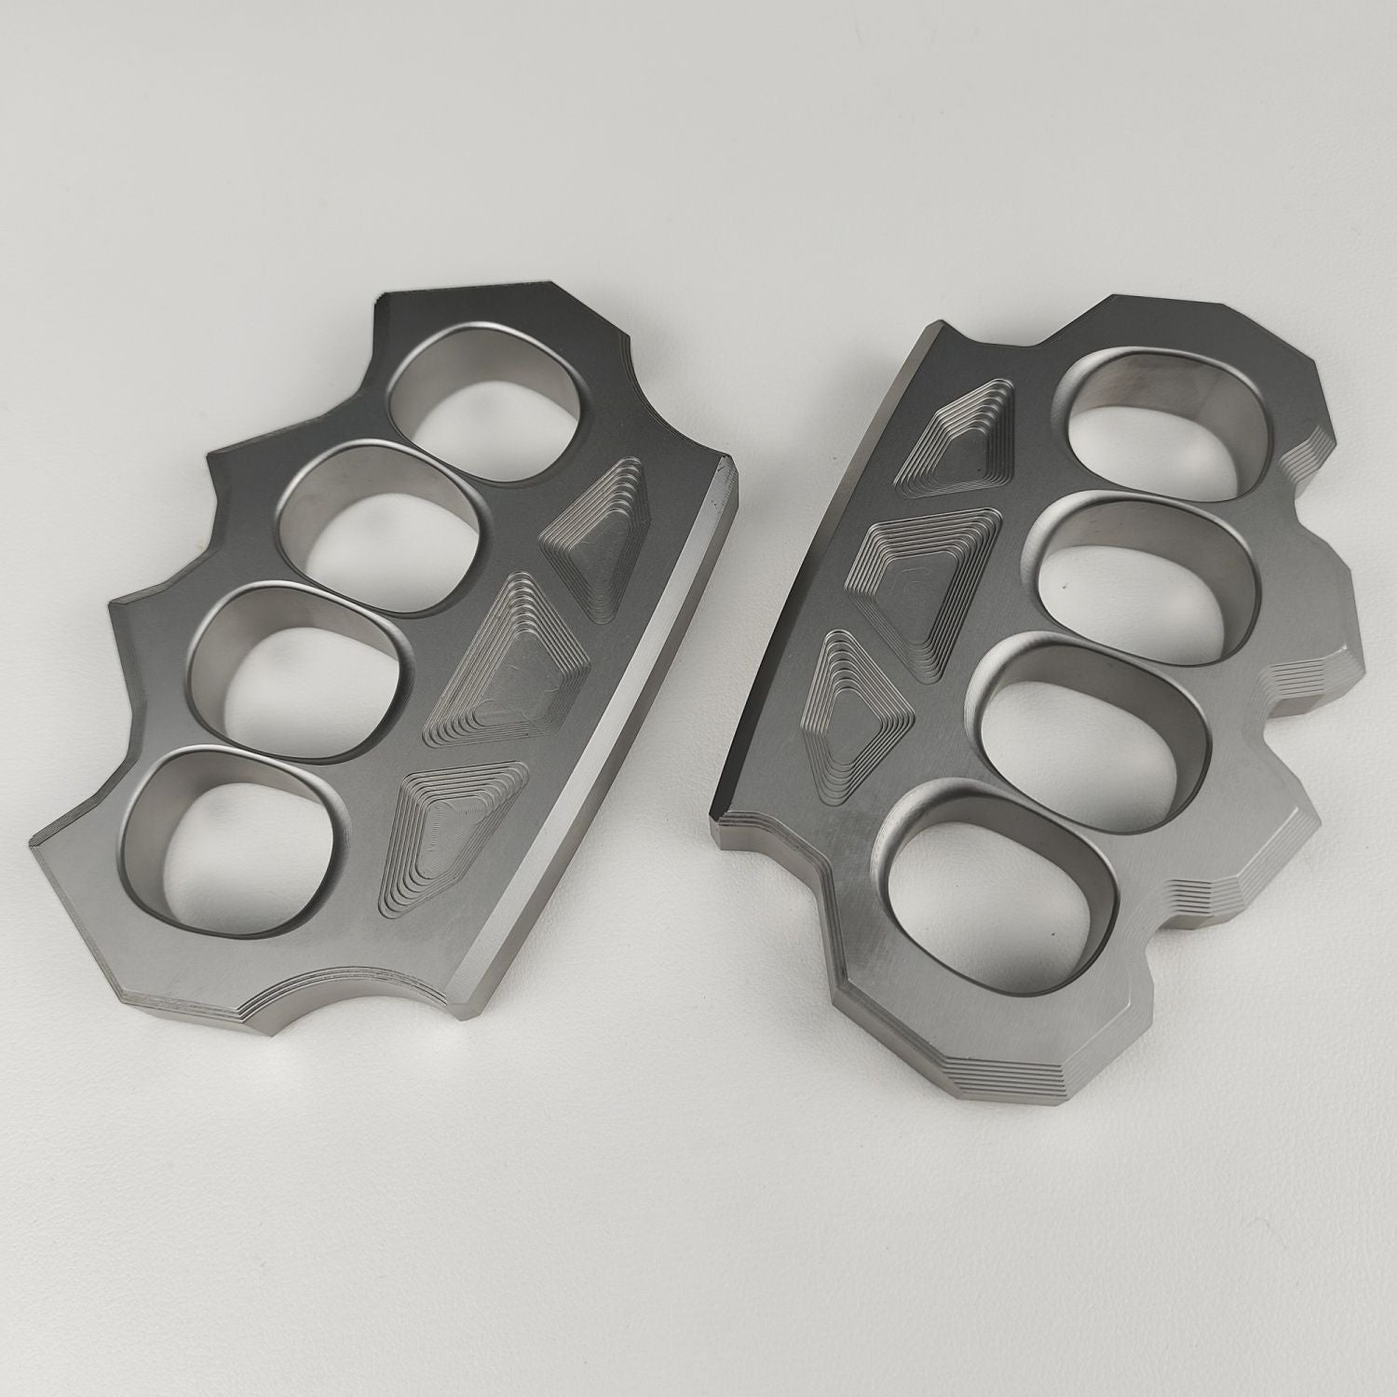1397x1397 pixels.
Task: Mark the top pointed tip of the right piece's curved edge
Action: tap(931, 326)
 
